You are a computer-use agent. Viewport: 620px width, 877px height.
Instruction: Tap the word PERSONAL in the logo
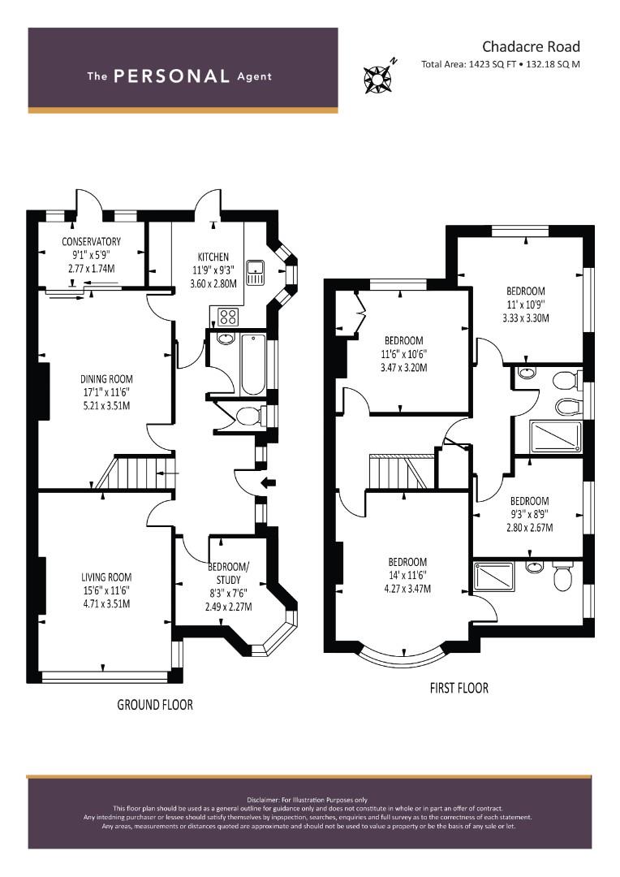pyautogui.click(x=171, y=76)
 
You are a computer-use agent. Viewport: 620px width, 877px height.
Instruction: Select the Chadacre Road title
pyautogui.click(x=531, y=46)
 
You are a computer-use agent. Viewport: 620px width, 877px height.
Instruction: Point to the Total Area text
pyautogui.click(x=501, y=64)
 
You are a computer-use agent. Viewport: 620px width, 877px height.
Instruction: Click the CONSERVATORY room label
pyautogui.click(x=91, y=242)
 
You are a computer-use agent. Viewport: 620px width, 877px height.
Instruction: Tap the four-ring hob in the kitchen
pyautogui.click(x=227, y=318)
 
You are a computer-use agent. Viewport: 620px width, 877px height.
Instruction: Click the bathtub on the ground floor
pyautogui.click(x=254, y=365)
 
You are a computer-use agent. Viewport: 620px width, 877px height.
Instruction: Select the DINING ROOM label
pyautogui.click(x=106, y=379)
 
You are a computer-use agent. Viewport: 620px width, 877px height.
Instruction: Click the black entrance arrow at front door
pyautogui.click(x=269, y=482)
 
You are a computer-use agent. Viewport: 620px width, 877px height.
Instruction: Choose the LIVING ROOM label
pyautogui.click(x=106, y=577)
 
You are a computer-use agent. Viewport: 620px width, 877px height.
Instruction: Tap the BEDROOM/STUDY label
pyautogui.click(x=229, y=573)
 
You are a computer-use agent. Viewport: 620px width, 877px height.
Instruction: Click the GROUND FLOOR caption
pyautogui.click(x=155, y=705)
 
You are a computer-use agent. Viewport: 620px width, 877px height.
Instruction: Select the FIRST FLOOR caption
pyautogui.click(x=459, y=688)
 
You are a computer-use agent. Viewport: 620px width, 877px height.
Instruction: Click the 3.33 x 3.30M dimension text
pyautogui.click(x=526, y=318)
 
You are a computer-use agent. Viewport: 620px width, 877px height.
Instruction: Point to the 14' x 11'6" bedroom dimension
pyautogui.click(x=407, y=576)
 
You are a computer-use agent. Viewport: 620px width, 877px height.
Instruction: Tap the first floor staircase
pyautogui.click(x=402, y=473)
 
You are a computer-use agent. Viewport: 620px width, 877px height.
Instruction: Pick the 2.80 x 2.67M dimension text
pyautogui.click(x=529, y=528)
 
